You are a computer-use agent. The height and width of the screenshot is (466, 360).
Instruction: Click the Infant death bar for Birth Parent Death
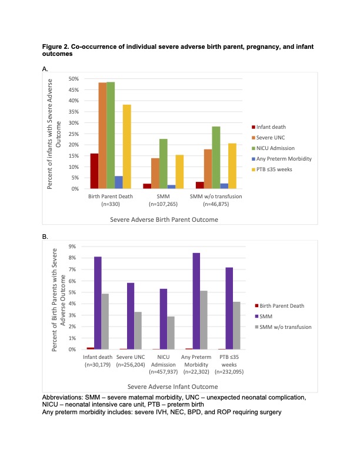pyautogui.click(x=94, y=171)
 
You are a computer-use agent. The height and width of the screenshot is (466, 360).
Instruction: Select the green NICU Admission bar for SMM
pyautogui.click(x=163, y=164)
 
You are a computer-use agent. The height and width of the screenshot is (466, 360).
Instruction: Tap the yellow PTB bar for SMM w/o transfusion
pyautogui.click(x=232, y=166)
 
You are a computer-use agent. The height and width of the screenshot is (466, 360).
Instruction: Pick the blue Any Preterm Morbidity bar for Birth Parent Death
pyautogui.click(x=118, y=182)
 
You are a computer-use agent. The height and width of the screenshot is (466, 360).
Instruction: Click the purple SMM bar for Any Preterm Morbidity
pyautogui.click(x=196, y=301)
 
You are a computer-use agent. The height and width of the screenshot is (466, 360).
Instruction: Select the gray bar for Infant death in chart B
pyautogui.click(x=105, y=321)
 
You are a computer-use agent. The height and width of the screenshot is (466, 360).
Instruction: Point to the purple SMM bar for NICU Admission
pyautogui.click(x=164, y=319)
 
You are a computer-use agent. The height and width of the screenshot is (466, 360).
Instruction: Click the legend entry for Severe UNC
pyautogui.click(x=268, y=138)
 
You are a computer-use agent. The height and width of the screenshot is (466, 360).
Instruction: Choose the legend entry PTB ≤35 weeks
pyautogui.click(x=272, y=169)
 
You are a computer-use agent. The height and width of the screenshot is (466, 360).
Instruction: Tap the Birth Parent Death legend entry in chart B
pyautogui.click(x=279, y=306)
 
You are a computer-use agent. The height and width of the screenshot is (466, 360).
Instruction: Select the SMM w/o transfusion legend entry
pyautogui.click(x=283, y=327)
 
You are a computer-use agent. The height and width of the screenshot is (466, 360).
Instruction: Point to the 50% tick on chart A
pyautogui.click(x=74, y=79)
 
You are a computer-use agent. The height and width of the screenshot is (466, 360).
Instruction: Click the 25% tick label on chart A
pyautogui.click(x=74, y=134)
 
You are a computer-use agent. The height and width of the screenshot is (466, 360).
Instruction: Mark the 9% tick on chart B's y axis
pyautogui.click(x=72, y=247)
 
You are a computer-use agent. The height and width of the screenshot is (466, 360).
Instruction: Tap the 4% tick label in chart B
pyautogui.click(x=72, y=304)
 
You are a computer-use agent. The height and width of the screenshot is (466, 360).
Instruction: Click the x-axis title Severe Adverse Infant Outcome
pyautogui.click(x=172, y=387)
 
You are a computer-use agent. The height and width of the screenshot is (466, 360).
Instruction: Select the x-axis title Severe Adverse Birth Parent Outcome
pyautogui.click(x=164, y=219)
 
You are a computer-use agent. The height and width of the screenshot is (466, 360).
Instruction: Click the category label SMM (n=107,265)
pyautogui.click(x=163, y=200)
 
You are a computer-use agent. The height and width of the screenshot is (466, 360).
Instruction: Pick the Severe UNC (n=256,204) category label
pyautogui.click(x=131, y=361)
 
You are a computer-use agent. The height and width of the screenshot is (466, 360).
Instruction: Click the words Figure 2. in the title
pyautogui.click(x=55, y=46)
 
